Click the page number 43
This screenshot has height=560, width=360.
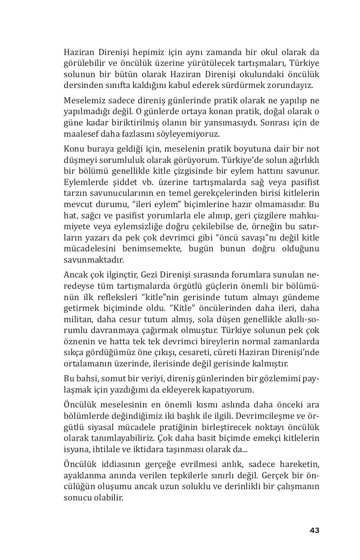314,530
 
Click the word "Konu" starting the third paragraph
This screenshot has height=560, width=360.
73,149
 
